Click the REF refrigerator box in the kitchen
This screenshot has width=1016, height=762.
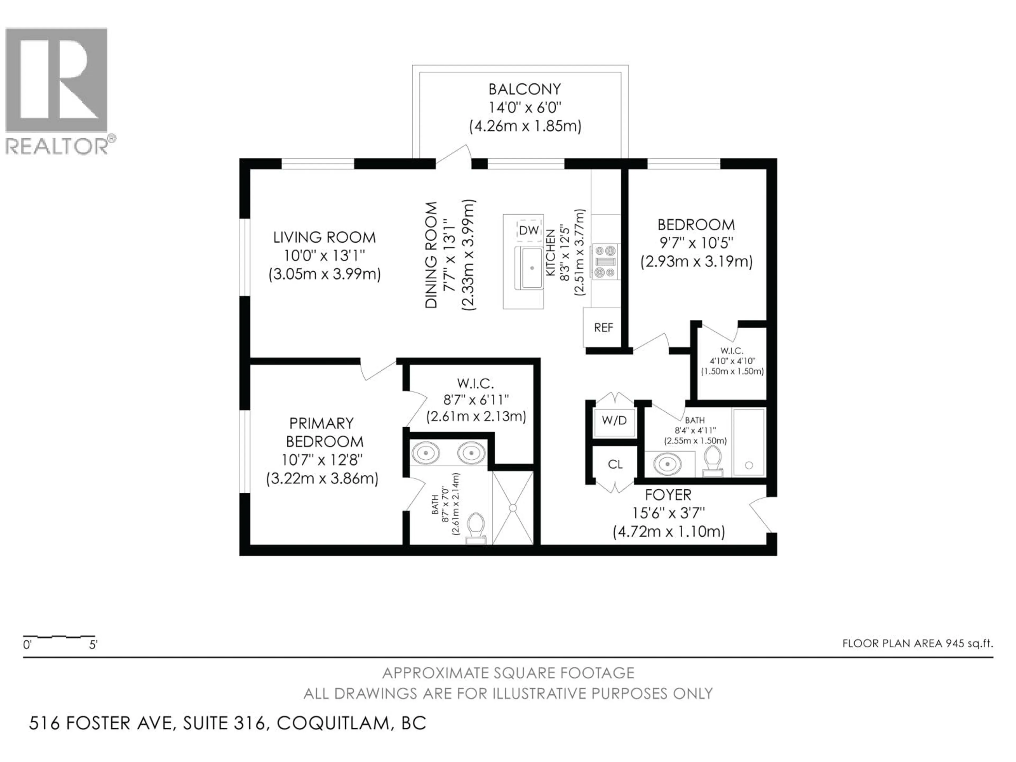pyautogui.click(x=603, y=327)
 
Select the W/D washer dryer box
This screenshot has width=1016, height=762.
pyautogui.click(x=614, y=420)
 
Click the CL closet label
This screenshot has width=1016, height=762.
pyautogui.click(x=615, y=464)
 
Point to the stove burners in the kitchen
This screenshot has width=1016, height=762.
pyautogui.click(x=605, y=262)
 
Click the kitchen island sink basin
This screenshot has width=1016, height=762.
pyautogui.click(x=532, y=268)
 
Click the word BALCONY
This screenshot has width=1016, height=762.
pyautogui.click(x=524, y=89)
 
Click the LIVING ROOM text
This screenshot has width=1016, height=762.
pyautogui.click(x=324, y=238)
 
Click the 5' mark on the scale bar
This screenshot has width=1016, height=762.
pyautogui.click(x=93, y=645)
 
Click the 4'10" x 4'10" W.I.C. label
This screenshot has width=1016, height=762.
pyautogui.click(x=732, y=361)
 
